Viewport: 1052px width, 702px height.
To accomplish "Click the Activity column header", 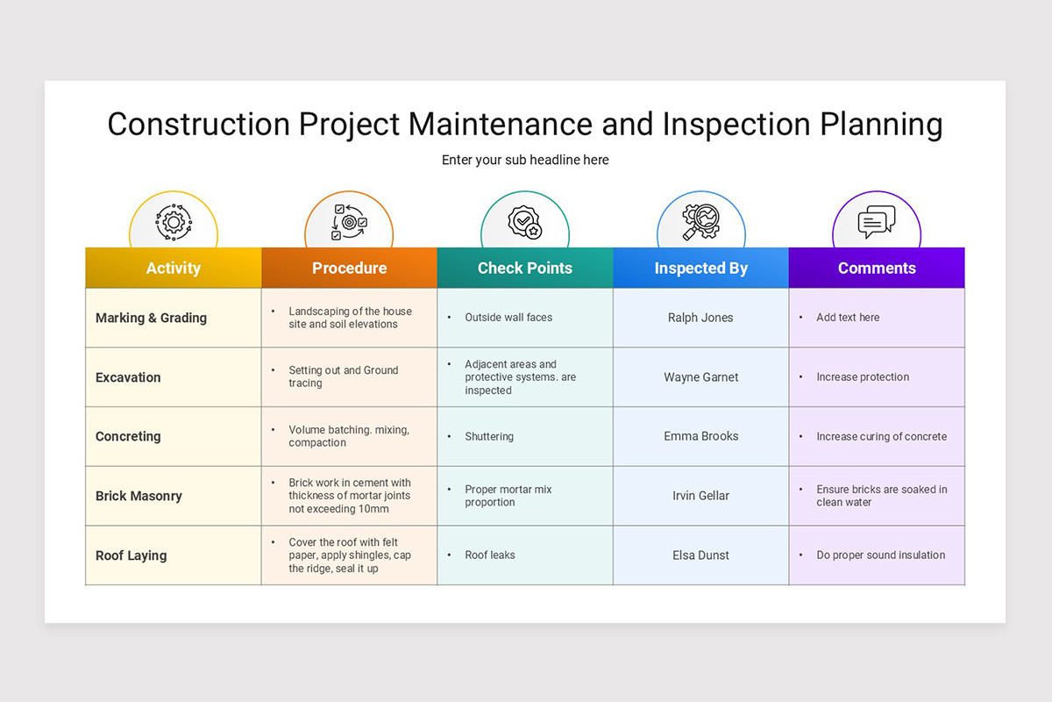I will coord(173,269).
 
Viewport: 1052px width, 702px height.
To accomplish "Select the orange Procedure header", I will coord(349,269).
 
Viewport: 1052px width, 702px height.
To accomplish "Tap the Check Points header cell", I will coord(524,269).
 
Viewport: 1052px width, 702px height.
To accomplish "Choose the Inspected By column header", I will coord(700,269).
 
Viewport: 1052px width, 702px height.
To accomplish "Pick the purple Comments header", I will coord(877,269).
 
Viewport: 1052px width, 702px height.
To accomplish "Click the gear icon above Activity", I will coord(173,222).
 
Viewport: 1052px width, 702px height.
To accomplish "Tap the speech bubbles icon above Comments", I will coord(877,222).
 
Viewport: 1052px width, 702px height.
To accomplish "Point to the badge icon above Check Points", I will coord(524,222).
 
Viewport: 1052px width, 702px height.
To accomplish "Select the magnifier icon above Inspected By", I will coord(700,222).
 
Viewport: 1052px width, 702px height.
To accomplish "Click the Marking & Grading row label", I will coord(151,318).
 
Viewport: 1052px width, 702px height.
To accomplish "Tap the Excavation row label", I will coord(128,377).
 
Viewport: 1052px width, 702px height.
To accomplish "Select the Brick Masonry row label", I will coord(139,496).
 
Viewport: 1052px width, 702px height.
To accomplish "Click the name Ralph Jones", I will coord(700,318).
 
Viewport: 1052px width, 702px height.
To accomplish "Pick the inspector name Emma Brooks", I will coord(700,436).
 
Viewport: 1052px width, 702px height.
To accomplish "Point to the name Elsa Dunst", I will coord(700,555).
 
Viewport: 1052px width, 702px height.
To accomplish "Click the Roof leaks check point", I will coord(490,555).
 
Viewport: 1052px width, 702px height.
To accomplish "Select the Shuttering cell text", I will coord(489,436).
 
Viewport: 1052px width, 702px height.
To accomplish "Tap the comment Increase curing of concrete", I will coord(881,436).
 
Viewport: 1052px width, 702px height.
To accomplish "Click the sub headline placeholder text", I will coord(525,160).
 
